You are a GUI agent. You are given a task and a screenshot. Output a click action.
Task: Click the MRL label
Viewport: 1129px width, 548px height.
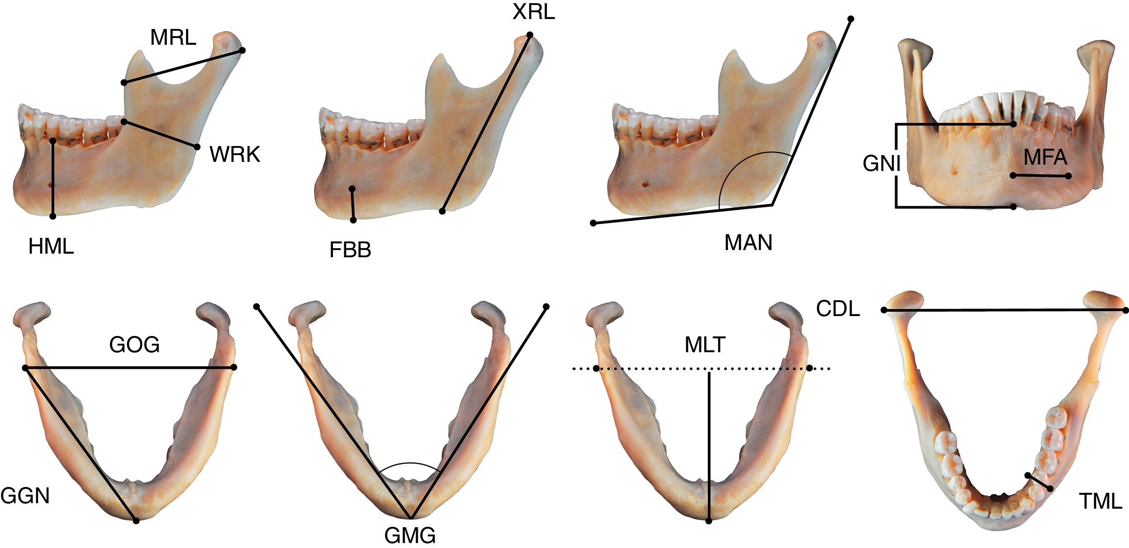click(173, 38)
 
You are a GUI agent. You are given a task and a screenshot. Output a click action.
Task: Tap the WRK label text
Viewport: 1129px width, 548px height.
click(234, 155)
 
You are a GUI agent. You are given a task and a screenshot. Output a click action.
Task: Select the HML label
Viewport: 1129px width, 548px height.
click(51, 247)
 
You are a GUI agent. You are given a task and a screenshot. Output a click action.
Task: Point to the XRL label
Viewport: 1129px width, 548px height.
click(533, 13)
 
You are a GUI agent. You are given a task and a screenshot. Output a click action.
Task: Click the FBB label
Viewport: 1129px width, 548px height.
click(350, 250)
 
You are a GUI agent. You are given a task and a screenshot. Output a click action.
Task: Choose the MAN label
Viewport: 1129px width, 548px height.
click(748, 243)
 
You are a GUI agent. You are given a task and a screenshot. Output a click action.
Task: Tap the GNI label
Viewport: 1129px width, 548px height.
click(881, 164)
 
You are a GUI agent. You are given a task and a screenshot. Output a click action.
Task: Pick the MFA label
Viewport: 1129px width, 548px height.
click(1045, 157)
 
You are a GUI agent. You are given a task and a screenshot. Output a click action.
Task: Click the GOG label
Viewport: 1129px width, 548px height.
click(135, 345)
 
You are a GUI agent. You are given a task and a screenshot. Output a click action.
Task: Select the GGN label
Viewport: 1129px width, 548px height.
click(25, 496)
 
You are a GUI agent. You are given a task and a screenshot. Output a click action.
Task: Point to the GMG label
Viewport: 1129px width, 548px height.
click(410, 536)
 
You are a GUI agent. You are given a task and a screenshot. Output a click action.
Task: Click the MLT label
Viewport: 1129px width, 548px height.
click(705, 345)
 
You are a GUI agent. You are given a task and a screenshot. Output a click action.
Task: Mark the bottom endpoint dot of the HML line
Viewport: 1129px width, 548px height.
click(53, 217)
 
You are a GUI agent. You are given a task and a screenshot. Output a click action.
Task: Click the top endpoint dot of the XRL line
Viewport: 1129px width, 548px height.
click(529, 35)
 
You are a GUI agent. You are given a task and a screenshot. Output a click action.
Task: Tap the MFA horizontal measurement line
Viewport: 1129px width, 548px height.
click(1040, 175)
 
